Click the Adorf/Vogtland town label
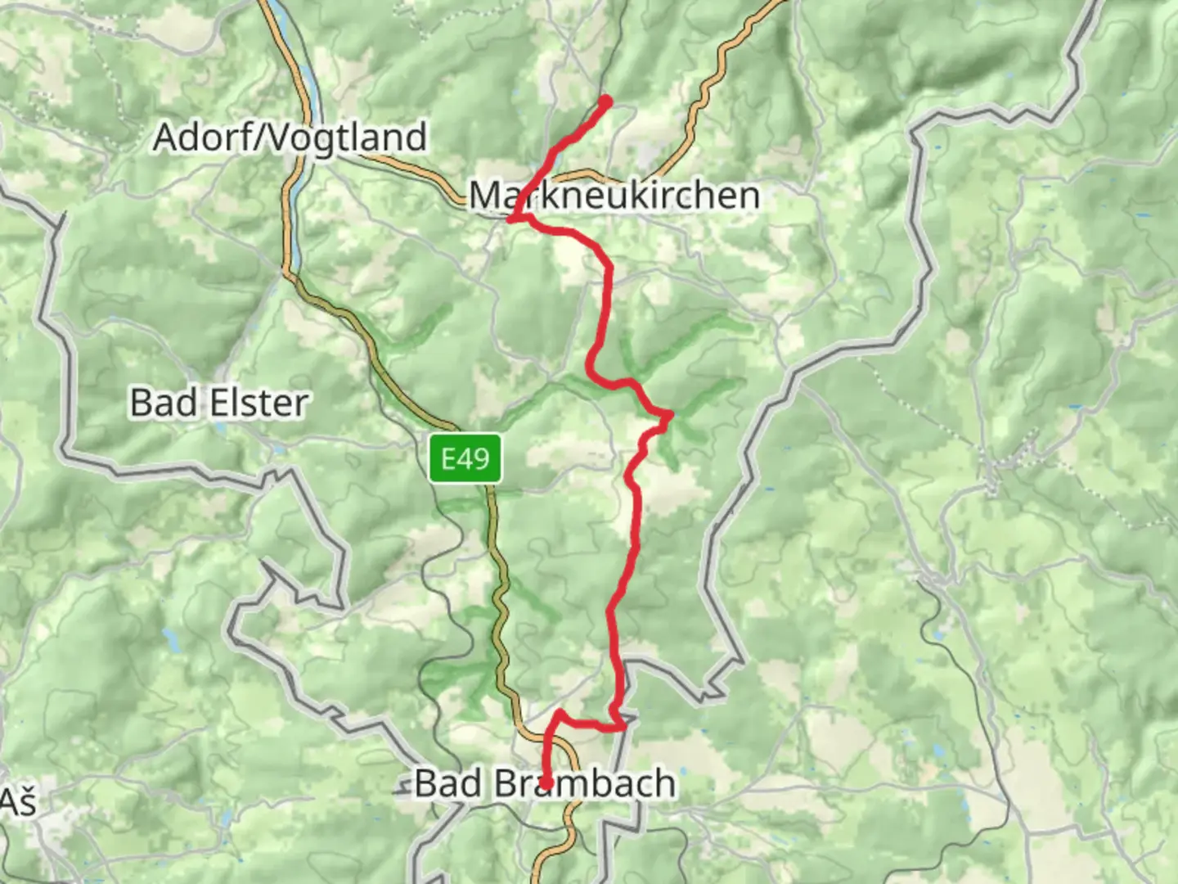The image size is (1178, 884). click(290, 137)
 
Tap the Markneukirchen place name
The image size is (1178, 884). click(614, 196)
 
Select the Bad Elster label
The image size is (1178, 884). click(219, 403)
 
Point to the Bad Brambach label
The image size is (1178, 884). click(545, 783)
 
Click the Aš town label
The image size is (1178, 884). click(18, 802)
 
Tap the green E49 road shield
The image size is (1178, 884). click(465, 458)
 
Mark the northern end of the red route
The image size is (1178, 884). click(607, 100)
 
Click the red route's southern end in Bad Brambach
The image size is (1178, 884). click(545, 785)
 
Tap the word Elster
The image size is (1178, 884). click(257, 403)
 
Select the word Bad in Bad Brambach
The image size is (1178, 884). click(448, 783)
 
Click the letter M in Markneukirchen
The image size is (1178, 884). click(484, 196)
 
